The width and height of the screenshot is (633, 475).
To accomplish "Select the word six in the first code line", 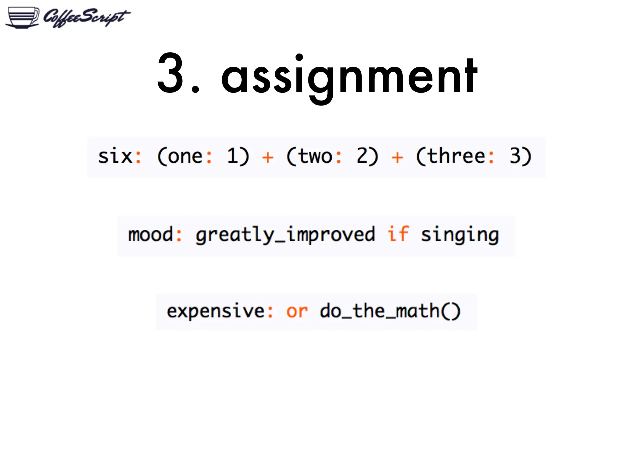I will click(115, 156).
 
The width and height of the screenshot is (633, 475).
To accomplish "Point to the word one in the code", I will click(185, 156).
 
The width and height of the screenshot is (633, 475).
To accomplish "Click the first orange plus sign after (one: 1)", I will click(268, 157).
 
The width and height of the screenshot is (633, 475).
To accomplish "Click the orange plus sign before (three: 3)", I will click(397, 157).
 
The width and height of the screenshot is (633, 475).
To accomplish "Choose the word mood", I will click(151, 235).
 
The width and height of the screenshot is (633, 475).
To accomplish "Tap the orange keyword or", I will click(297, 312).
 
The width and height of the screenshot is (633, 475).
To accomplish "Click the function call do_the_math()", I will click(390, 311).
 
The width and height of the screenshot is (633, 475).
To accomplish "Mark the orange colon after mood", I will click(179, 235).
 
